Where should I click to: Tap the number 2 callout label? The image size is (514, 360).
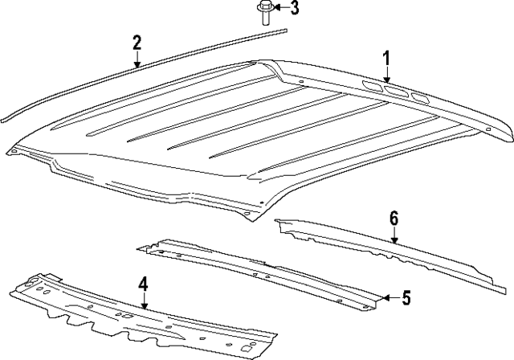137,43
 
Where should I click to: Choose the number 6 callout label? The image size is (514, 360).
394,219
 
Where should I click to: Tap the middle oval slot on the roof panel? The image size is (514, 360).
396,92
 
